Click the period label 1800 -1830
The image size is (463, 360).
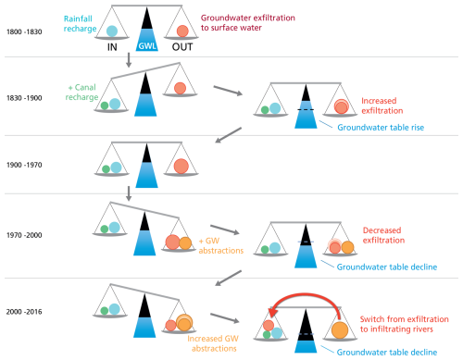[x=24, y=31]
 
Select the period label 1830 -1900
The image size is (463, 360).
[x=24, y=98]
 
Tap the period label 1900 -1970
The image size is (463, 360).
[x=24, y=165]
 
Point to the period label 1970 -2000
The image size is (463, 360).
[x=24, y=235]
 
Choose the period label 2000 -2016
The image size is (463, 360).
[x=24, y=312]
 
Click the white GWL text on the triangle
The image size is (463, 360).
[x=147, y=46]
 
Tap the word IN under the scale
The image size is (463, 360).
[x=112, y=47]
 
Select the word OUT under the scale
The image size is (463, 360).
[x=182, y=47]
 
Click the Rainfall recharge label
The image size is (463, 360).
[x=80, y=24]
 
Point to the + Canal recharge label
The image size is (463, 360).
[x=81, y=93]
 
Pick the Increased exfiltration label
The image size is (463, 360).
[x=382, y=106]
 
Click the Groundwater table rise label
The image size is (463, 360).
[x=381, y=128]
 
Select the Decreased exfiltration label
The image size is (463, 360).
[x=383, y=235]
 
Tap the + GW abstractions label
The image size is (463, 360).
[x=221, y=245]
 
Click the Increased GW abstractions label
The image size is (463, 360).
[x=213, y=343]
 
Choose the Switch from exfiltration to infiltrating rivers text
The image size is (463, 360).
[x=404, y=324]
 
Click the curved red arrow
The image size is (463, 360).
[x=306, y=294]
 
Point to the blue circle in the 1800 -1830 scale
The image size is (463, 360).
[x=112, y=31]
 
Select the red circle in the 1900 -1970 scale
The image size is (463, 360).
[x=181, y=167]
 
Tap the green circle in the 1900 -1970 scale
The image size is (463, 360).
[x=106, y=169]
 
